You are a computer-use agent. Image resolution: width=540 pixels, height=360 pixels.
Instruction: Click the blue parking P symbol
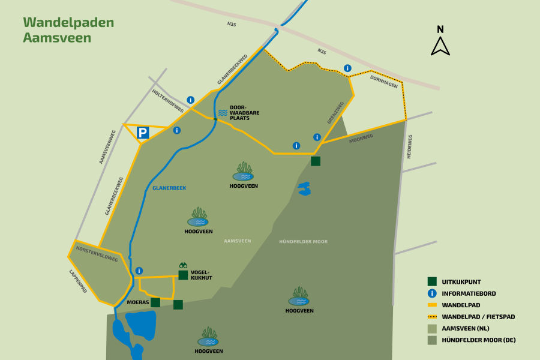143,133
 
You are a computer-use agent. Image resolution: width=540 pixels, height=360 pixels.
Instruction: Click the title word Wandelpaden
68,22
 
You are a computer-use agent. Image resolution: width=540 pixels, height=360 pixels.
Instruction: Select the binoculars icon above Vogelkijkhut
183,265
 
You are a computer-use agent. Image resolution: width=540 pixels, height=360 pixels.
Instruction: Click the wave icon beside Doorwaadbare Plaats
223,113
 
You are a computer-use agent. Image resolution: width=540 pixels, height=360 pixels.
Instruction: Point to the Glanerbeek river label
169,188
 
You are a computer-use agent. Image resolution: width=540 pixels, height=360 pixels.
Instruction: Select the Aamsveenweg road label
107,147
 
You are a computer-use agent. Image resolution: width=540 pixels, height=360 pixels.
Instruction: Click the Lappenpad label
79,281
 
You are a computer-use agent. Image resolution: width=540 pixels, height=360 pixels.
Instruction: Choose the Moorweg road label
361,139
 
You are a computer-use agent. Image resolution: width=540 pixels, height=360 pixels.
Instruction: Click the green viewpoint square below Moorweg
316,161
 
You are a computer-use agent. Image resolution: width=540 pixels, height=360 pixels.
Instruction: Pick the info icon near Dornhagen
347,68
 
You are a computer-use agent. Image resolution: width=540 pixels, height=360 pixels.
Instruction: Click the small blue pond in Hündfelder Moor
305,189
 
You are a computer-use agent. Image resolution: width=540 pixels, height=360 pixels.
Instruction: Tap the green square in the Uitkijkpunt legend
431,281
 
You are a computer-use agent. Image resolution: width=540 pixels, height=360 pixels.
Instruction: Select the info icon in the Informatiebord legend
431,293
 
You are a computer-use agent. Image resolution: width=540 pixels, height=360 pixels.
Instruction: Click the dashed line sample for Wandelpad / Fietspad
431,316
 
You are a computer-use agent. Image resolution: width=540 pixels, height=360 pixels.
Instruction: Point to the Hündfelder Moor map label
303,241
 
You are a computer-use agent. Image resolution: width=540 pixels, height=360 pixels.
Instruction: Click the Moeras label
137,302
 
